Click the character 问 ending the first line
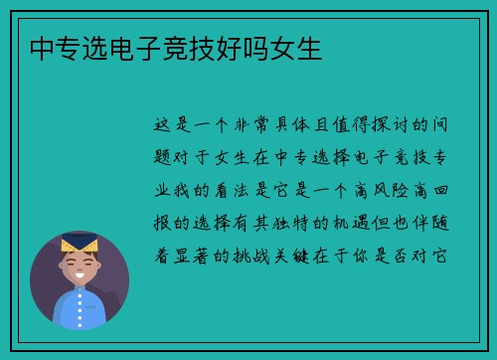pos(443,125)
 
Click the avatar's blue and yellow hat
pos(80,243)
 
